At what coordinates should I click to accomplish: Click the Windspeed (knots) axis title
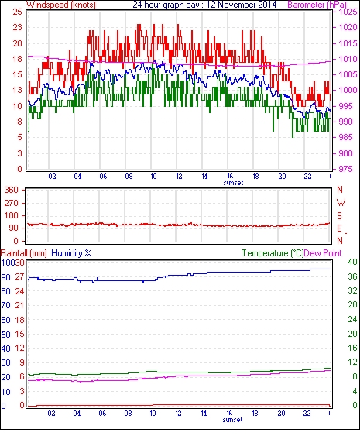tap(61, 5)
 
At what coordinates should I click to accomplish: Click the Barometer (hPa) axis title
tap(317, 5)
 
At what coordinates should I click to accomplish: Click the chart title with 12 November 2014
tap(204, 5)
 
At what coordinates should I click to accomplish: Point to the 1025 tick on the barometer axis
tap(348, 12)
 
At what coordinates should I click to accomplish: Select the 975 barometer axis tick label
tap(345, 169)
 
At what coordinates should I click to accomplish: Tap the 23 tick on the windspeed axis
tap(18, 28)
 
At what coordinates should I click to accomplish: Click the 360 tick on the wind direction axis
tap(12, 191)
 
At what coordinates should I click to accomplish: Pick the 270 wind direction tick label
tap(12, 203)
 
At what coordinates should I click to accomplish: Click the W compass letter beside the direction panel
tap(341, 203)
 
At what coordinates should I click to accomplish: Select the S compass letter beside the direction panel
tap(339, 216)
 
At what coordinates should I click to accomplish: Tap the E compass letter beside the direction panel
tap(339, 228)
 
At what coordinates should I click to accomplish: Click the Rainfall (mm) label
tap(24, 253)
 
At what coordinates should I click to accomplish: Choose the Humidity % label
tap(71, 253)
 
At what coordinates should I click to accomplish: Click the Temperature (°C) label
tap(273, 253)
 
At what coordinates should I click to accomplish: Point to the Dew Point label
tap(323, 253)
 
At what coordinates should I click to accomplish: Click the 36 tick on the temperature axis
tap(352, 276)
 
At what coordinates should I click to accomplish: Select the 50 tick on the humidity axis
tap(6, 335)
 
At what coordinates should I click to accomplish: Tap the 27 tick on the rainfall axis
tap(19, 277)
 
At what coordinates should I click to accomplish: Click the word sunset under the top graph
tap(233, 183)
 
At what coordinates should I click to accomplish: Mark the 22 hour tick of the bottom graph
tap(307, 414)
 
